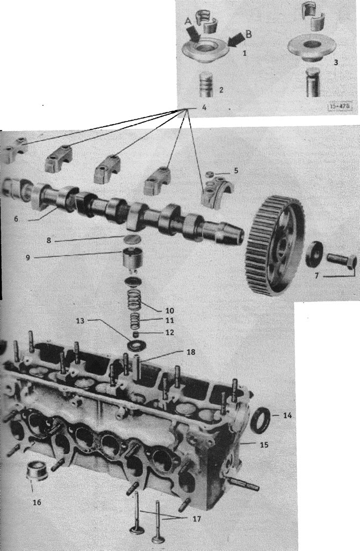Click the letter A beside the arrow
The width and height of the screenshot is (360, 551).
188,21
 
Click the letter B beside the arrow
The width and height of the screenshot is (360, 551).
249,34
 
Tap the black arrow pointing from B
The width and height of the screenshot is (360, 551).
236,39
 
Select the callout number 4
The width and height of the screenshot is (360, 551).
204,107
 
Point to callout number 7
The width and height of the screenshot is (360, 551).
316,276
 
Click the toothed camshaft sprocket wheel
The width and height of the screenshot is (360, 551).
275,244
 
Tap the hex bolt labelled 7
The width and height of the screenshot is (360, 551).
342,262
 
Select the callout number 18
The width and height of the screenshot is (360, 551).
191,352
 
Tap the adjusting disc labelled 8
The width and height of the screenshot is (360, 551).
133,239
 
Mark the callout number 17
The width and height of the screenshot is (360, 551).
197,519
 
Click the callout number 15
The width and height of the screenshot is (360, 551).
264,445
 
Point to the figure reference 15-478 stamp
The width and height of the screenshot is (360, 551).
340,107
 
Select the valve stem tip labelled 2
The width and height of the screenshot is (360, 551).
206,84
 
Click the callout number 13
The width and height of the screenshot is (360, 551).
81,321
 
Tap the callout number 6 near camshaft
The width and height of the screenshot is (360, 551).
16,219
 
